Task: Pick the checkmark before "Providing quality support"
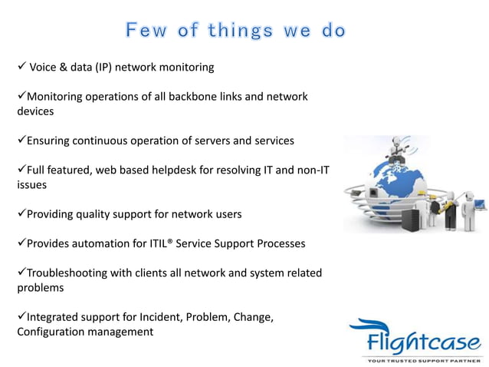(x=21, y=213)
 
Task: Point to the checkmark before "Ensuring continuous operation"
(x=21, y=141)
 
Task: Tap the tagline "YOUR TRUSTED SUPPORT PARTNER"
(x=422, y=359)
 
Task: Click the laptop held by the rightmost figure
(x=479, y=204)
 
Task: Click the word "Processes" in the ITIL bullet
(x=279, y=243)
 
